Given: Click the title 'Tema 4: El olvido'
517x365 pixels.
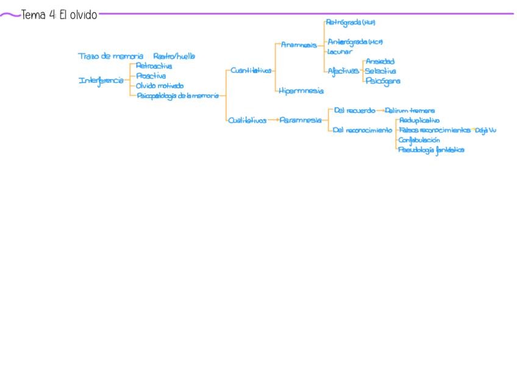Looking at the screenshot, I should point(59,15).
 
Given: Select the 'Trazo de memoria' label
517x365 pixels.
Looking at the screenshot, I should point(110,56).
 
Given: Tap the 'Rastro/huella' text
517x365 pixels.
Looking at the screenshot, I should point(174,56).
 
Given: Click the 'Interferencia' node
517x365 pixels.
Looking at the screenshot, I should point(101,80).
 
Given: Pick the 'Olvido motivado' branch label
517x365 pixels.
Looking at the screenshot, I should point(160,86).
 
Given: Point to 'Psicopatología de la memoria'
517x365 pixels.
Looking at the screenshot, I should point(177,96).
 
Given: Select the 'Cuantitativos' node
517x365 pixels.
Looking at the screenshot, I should point(251,71).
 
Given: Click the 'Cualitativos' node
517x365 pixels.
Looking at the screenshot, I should point(247,121).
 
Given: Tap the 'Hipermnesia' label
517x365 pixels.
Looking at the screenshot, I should point(301,91).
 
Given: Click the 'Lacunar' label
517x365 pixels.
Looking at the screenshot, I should point(340,52).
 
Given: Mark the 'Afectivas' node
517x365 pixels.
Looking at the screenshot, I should point(341,71).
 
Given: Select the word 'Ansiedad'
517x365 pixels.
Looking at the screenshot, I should point(380,62).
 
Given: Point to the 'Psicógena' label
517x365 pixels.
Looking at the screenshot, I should point(383,81).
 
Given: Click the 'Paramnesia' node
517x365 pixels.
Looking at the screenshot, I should point(301,121).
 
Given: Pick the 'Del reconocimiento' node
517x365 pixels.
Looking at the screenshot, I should point(363,130).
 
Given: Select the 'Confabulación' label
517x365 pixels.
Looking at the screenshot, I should point(419,140).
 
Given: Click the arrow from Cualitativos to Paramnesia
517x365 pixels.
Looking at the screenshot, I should point(273,121).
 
